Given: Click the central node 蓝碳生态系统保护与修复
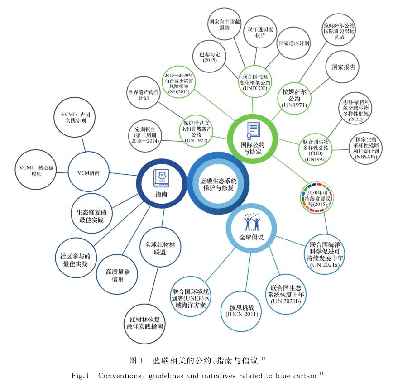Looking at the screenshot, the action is tap(219, 184).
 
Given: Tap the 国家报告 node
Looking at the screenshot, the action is tap(343, 67).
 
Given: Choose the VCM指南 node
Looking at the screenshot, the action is tap(89, 172).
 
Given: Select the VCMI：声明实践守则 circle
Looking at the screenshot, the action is tap(76, 118).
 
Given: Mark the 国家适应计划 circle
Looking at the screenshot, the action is tap(293, 43).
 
